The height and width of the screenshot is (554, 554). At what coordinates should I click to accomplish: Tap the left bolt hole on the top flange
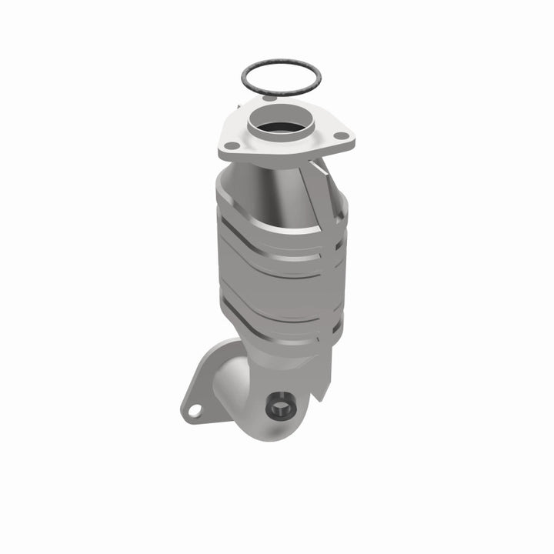[x=229, y=144]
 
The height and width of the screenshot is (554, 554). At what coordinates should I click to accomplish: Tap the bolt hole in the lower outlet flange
[x=194, y=412]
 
